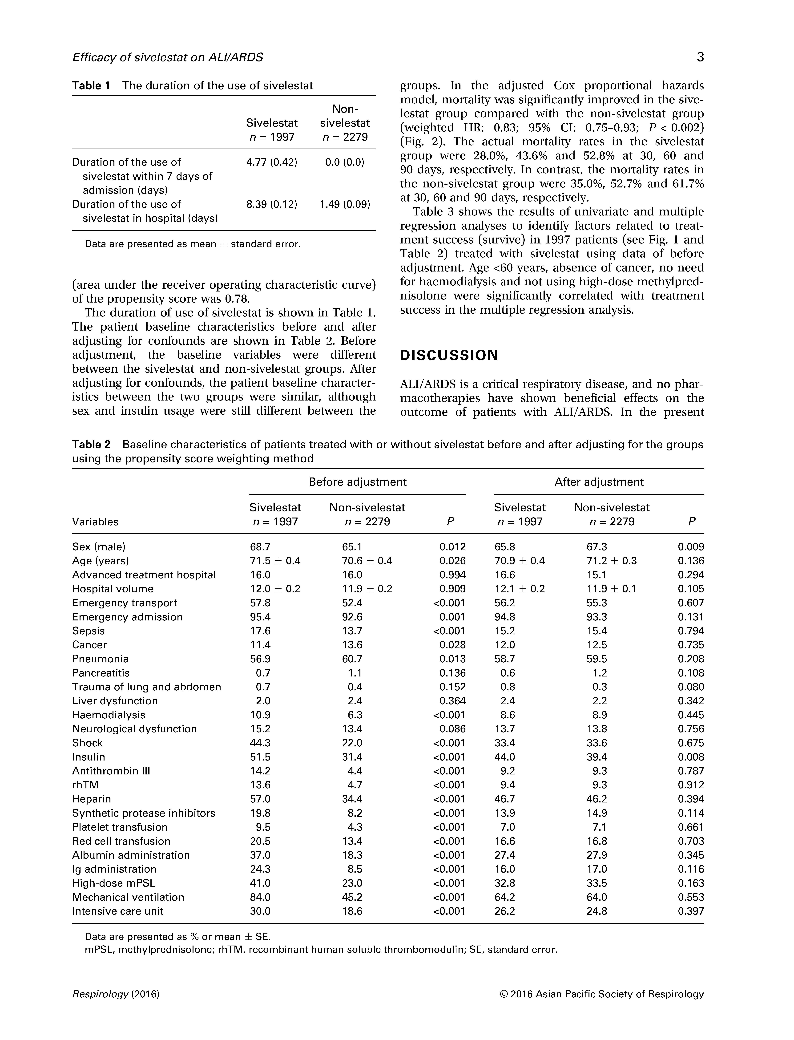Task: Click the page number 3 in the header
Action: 700,57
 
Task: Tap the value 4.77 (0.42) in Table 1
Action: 272,162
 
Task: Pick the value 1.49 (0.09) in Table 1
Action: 345,204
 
